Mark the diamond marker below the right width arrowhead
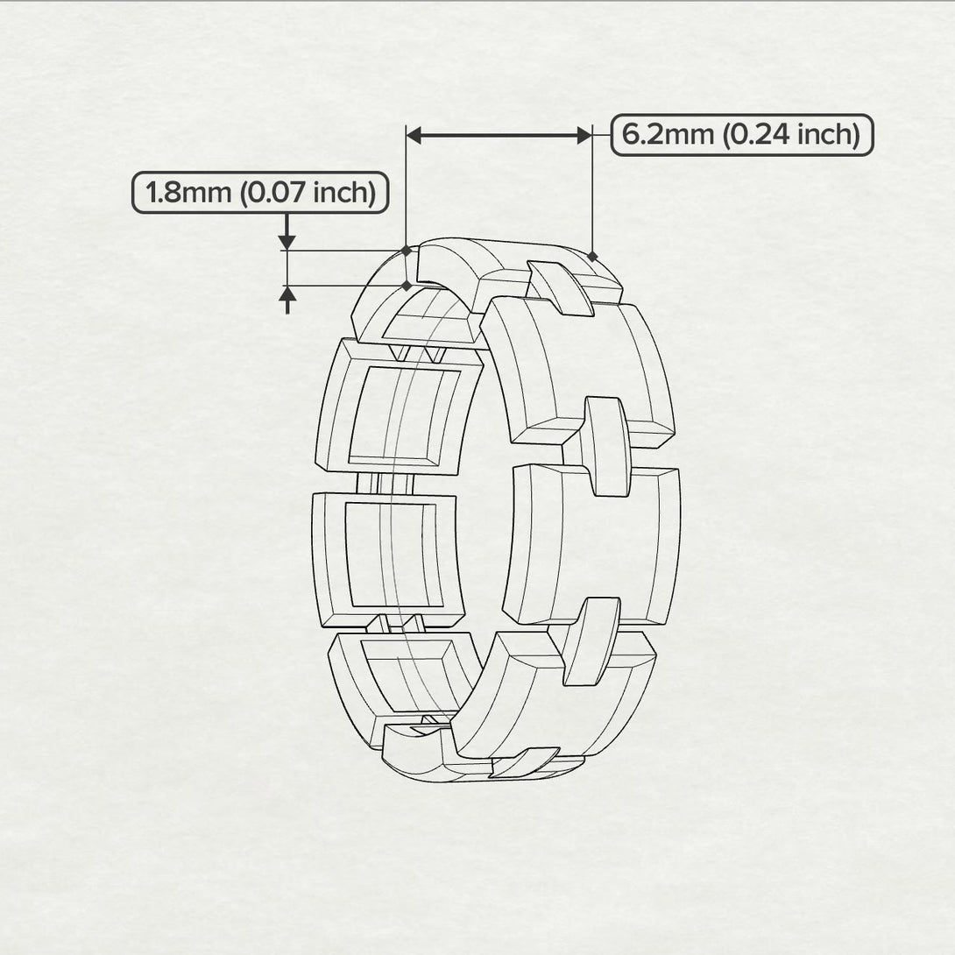tap(592, 257)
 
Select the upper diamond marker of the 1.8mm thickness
tap(406, 251)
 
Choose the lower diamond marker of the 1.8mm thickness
tap(406, 285)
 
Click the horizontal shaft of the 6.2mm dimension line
tap(499, 135)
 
